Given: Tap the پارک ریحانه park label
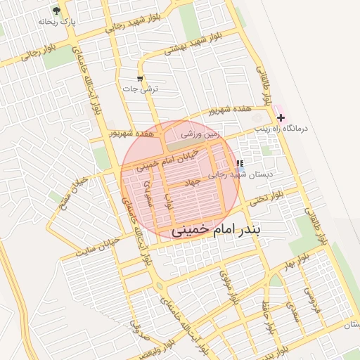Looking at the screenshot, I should [57, 22].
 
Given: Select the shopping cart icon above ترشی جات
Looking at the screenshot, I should [140, 78].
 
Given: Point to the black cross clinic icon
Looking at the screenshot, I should [281, 118].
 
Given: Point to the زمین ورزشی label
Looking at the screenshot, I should [201, 132].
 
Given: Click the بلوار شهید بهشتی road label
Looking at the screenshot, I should [185, 45].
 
